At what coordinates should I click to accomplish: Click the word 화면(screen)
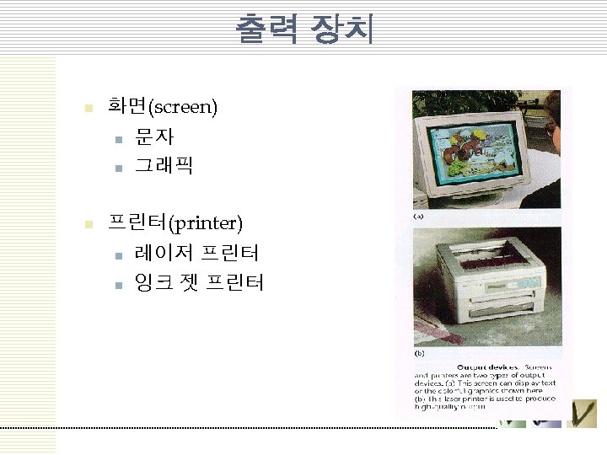coord(163,107)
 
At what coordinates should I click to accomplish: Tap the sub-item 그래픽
coord(164,166)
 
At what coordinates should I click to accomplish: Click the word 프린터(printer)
coord(175,223)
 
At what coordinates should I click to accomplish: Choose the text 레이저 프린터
coord(196,253)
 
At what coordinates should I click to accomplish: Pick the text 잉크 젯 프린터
coord(199,282)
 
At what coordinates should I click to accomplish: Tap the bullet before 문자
coord(118,138)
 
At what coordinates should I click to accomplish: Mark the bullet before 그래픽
coord(118,168)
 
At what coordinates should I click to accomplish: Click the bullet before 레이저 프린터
coord(118,254)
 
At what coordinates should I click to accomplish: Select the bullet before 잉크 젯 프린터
coord(118,284)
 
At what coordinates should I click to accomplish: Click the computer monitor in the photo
coord(477,152)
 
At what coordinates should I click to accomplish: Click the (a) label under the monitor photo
coord(418,217)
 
